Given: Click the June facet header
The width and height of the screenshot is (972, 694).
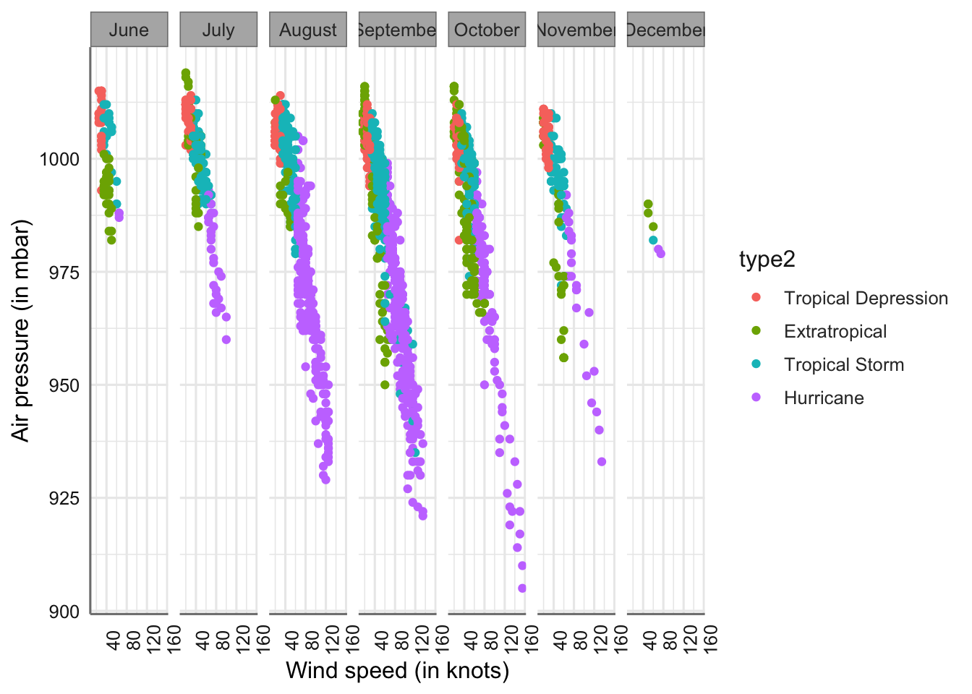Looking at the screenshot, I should tap(129, 30).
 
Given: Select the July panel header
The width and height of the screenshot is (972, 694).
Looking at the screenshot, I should tap(218, 30).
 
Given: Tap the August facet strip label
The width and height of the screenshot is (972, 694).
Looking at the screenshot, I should tap(308, 30).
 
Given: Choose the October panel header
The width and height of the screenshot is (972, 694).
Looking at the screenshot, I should tap(487, 30).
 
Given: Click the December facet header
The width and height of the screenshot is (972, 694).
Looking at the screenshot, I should tap(665, 30).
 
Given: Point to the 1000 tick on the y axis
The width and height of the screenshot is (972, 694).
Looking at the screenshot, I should tap(59, 159).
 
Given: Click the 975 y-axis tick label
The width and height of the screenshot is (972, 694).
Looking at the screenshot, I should tap(65, 273).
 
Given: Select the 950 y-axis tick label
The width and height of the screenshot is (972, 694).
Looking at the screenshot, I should tap(65, 385).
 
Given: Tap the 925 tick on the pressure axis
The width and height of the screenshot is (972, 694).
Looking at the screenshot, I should tap(65, 498).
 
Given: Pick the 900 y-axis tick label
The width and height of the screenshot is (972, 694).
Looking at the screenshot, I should tap(65, 612).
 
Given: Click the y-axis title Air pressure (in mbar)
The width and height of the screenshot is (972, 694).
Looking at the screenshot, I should tap(21, 330).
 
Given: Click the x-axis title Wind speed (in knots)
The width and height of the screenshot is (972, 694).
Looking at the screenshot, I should tap(397, 671).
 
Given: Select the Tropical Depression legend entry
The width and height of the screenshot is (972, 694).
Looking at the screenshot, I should tap(865, 298).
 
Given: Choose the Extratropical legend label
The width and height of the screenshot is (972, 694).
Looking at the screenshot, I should tap(835, 331).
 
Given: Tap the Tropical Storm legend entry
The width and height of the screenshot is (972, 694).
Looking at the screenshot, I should tap(843, 364).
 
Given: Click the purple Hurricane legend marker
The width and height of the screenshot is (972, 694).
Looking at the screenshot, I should tap(756, 398).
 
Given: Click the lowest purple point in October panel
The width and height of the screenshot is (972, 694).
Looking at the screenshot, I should tap(522, 588).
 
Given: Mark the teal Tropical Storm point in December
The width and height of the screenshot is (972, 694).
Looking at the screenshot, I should tap(653, 240).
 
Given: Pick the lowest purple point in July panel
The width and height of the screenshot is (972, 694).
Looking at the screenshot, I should tap(226, 339).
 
